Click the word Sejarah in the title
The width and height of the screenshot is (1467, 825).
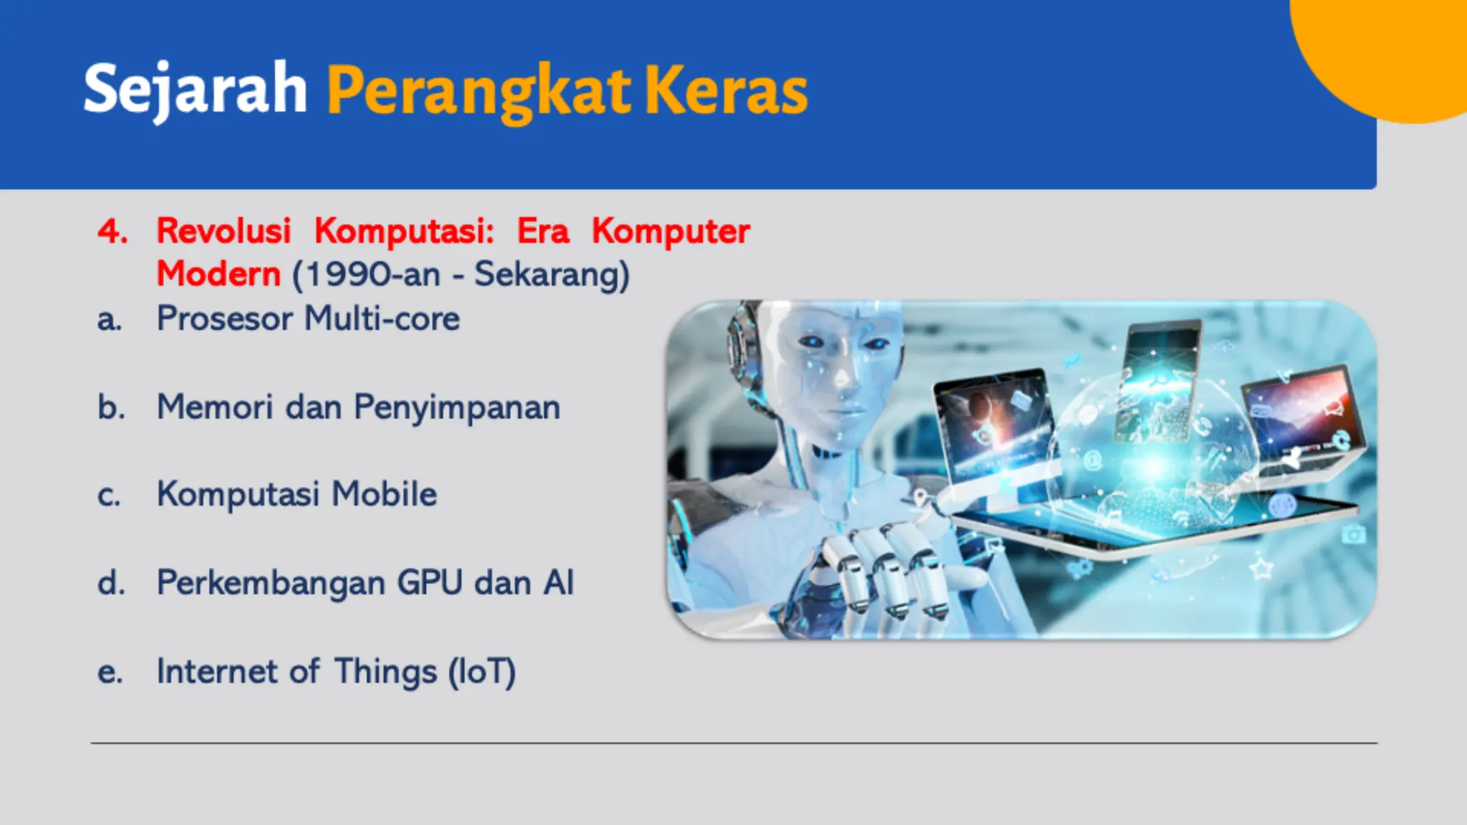[195, 90]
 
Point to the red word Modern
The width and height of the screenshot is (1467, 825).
[218, 274]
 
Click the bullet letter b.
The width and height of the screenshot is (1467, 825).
[111, 407]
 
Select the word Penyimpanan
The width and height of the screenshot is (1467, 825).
[457, 407]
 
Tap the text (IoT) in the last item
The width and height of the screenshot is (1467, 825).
[481, 672]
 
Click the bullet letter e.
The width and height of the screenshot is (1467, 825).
[110, 672]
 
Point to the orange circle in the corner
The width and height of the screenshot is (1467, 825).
[1397, 50]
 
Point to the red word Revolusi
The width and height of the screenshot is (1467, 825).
[223, 231]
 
